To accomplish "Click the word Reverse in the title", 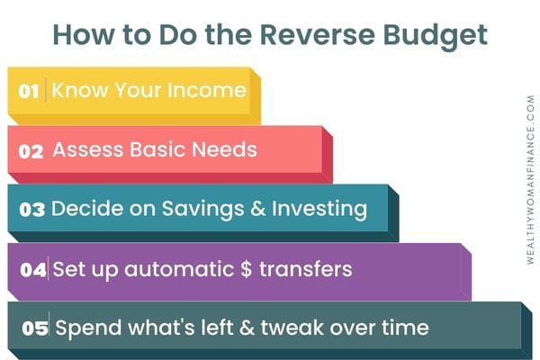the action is pyautogui.click(x=317, y=34).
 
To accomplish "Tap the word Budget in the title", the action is pyautogui.click(x=436, y=37).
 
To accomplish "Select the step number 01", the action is pyautogui.click(x=29, y=91).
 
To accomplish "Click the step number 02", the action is pyautogui.click(x=31, y=151).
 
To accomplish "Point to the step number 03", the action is pyautogui.click(x=32, y=210).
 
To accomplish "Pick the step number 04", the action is pyautogui.click(x=33, y=269).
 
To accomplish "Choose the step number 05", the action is pyautogui.click(x=35, y=328).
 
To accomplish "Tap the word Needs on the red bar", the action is pyautogui.click(x=224, y=150).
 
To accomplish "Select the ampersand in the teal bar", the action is pyautogui.click(x=258, y=209).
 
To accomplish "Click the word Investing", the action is pyautogui.click(x=319, y=210).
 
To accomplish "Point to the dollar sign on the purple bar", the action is pyautogui.click(x=247, y=269).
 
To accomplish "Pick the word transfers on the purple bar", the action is pyautogui.click(x=306, y=269).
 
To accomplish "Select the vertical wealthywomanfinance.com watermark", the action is pyautogui.click(x=530, y=179).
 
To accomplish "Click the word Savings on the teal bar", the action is pyautogui.click(x=203, y=210).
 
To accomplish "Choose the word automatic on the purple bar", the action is pyautogui.click(x=179, y=269).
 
